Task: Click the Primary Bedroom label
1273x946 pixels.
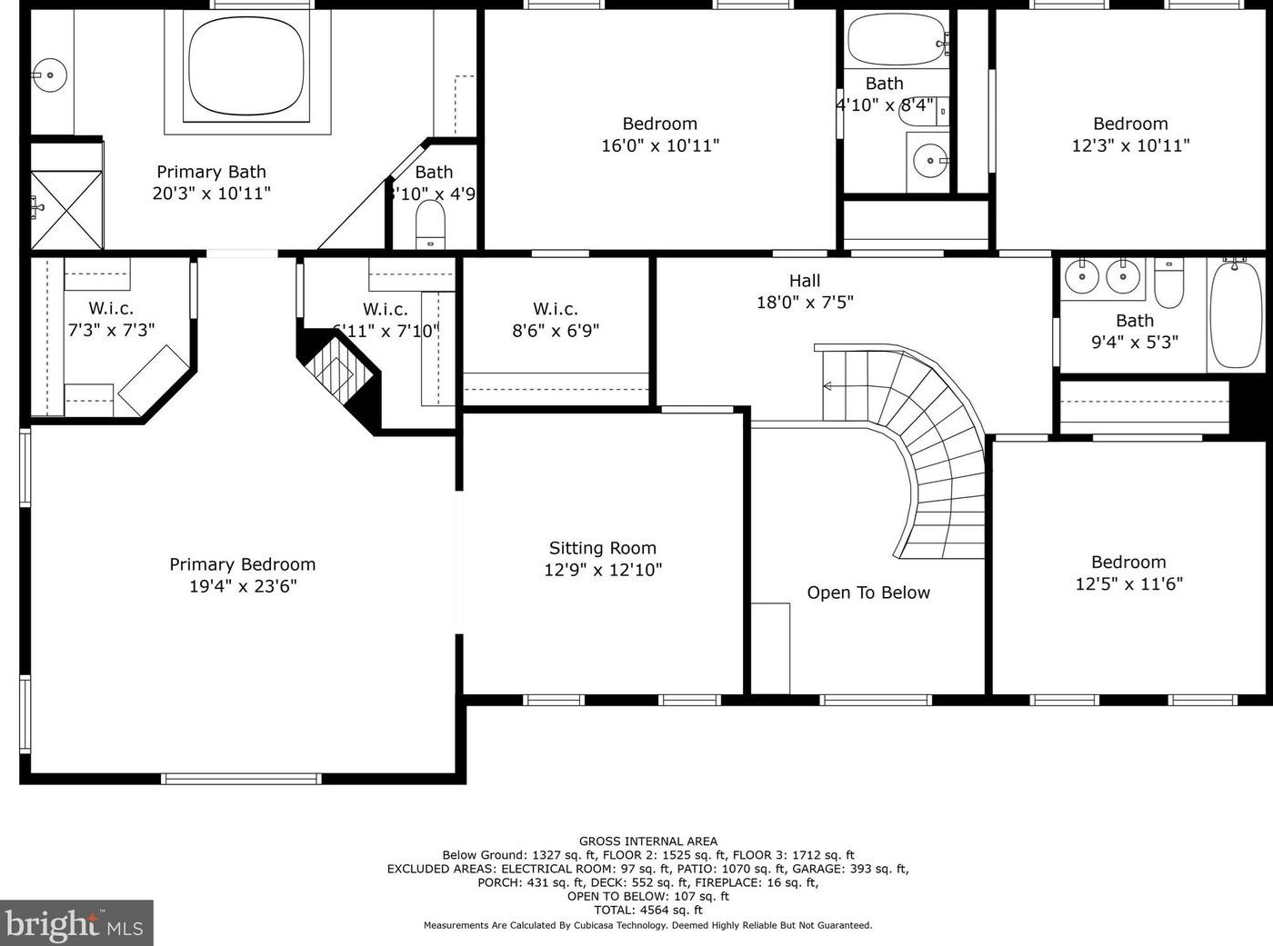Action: (242, 564)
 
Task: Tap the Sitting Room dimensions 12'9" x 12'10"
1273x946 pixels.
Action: (602, 571)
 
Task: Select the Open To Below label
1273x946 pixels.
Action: (868, 592)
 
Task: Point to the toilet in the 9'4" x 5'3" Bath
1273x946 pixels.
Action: (1169, 284)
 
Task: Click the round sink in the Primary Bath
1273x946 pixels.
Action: (51, 75)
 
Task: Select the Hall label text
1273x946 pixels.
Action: (805, 281)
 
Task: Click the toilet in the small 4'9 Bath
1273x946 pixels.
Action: (430, 223)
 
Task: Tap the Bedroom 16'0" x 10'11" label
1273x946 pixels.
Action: (660, 124)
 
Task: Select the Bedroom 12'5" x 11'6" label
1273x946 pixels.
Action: (1128, 563)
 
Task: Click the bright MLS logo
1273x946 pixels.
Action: (76, 924)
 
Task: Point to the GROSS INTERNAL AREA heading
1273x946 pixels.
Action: (647, 841)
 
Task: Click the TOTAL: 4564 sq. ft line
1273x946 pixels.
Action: (647, 910)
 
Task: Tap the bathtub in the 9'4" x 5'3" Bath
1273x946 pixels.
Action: (1236, 314)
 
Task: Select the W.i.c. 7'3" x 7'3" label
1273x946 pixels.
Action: (111, 309)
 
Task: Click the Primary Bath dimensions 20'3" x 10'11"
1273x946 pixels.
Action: (211, 194)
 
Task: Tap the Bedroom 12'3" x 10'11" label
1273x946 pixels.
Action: (1130, 124)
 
